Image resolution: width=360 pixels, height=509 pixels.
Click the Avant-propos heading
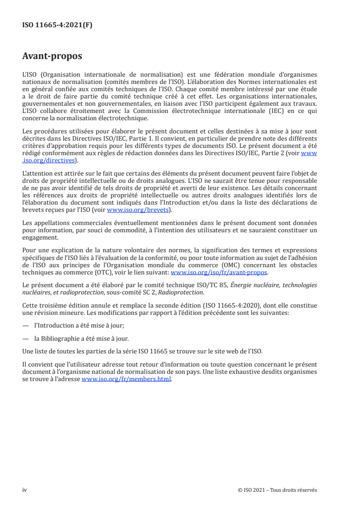52,56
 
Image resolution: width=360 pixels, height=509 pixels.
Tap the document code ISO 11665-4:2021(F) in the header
57,25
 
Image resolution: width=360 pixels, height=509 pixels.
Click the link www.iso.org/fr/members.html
126,380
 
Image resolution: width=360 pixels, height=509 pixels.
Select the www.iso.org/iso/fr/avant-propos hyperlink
219,273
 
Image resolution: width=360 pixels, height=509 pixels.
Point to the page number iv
25,490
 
